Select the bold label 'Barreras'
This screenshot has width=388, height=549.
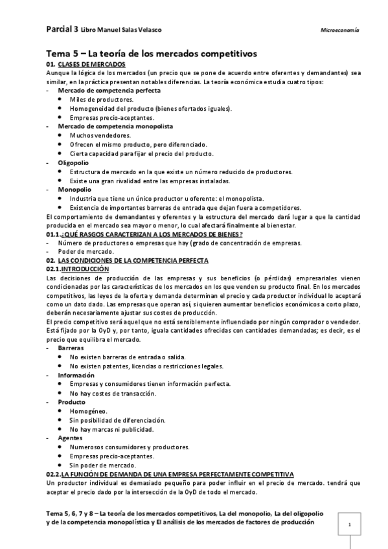[71, 348]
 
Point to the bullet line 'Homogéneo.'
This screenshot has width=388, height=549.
[89, 411]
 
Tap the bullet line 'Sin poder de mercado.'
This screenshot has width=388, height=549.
[103, 465]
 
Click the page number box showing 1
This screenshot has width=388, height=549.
[350, 525]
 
